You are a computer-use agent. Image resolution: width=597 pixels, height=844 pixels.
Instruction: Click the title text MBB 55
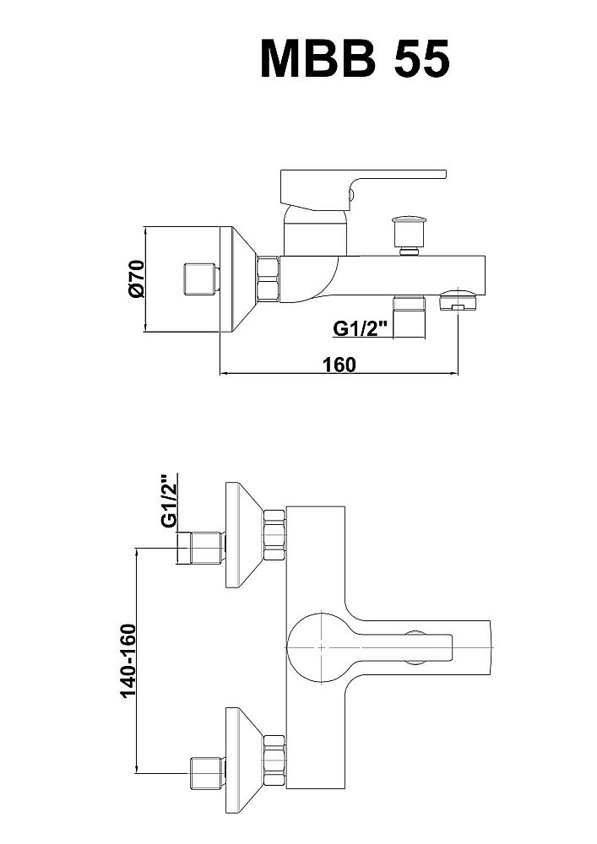point(354,57)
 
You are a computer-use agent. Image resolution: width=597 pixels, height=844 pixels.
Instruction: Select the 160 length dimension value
point(338,365)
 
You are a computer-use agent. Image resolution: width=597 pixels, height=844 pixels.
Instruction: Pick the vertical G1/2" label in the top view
point(169,501)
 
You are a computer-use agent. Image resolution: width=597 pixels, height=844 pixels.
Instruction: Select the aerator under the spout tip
point(457,301)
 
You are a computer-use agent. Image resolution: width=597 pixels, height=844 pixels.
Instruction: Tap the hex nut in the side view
point(269,279)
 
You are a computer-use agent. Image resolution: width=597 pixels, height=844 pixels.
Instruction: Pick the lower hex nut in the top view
point(274,761)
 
